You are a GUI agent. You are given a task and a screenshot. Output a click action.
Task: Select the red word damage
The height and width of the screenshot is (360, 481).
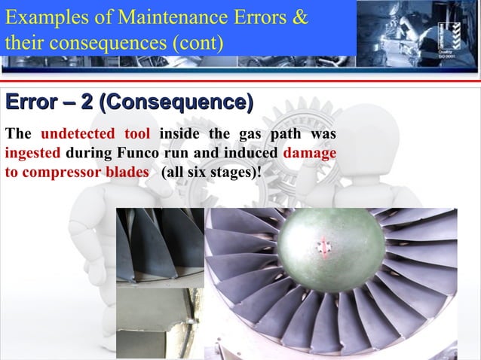pos(309,151)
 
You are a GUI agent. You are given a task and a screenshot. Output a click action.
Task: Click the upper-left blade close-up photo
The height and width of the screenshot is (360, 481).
pos(159,246)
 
